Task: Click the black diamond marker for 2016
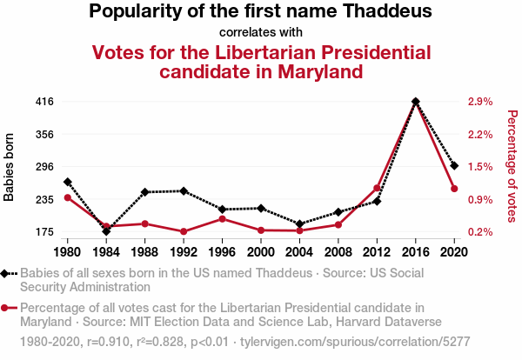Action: (416, 102)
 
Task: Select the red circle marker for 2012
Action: (378, 188)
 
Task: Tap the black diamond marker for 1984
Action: (106, 231)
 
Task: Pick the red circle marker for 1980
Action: (68, 197)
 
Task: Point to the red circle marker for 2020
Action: (454, 189)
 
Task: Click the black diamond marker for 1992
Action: (184, 190)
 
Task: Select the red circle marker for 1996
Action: (223, 218)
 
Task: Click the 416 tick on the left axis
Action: (45, 102)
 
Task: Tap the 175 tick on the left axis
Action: (45, 232)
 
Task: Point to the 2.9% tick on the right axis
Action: (480, 102)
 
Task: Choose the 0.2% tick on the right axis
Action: (480, 232)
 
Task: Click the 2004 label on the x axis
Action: (299, 251)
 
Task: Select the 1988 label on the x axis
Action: (145, 251)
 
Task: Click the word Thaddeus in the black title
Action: (383, 12)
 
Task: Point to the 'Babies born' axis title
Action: (10, 167)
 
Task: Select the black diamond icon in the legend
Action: (9, 273)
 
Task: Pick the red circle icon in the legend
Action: (9, 307)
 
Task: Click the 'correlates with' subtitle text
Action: (260, 33)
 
